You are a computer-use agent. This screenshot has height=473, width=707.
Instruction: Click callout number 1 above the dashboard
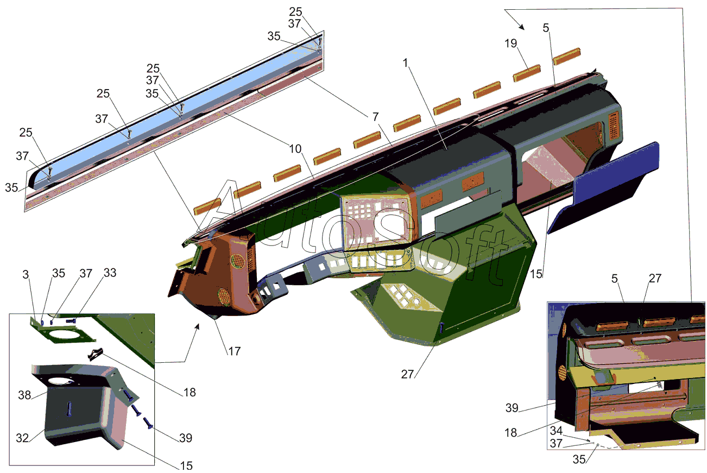[406, 63]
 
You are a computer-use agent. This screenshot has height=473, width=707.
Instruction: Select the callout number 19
[510, 43]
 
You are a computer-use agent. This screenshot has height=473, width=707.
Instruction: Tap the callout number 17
[234, 351]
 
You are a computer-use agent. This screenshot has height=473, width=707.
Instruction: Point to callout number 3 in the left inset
[26, 274]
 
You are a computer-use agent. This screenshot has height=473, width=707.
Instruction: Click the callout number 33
[110, 273]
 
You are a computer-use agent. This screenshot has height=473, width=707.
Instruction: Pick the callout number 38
[24, 395]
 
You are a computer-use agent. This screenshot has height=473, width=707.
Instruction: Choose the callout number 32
[22, 438]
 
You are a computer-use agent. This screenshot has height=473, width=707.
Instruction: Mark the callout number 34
[557, 431]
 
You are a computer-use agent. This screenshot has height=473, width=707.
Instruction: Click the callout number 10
[295, 149]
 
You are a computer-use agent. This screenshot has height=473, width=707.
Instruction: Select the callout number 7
[375, 117]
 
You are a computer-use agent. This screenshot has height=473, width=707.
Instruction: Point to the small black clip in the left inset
[95, 354]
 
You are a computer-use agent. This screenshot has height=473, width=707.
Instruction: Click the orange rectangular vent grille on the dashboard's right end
[614, 125]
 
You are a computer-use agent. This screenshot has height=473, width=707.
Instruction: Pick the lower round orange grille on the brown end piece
[224, 297]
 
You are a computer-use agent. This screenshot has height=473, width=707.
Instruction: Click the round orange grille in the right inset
[562, 373]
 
